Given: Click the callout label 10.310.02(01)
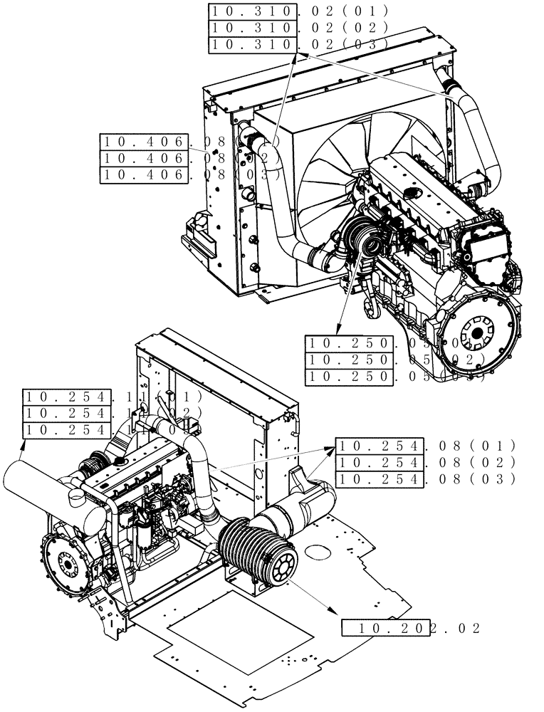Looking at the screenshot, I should pos(298,11).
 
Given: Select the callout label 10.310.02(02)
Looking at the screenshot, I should pos(298,28).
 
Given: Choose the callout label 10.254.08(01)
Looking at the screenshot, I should pos(424,446).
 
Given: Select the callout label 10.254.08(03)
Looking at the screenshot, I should pos(424,479).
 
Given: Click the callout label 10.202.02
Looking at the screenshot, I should pos(412,628).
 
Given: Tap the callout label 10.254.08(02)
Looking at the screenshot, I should pos(424,463).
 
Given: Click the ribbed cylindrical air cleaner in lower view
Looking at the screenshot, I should pos(256,553).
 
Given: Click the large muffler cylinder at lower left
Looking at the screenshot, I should pos(43,491).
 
